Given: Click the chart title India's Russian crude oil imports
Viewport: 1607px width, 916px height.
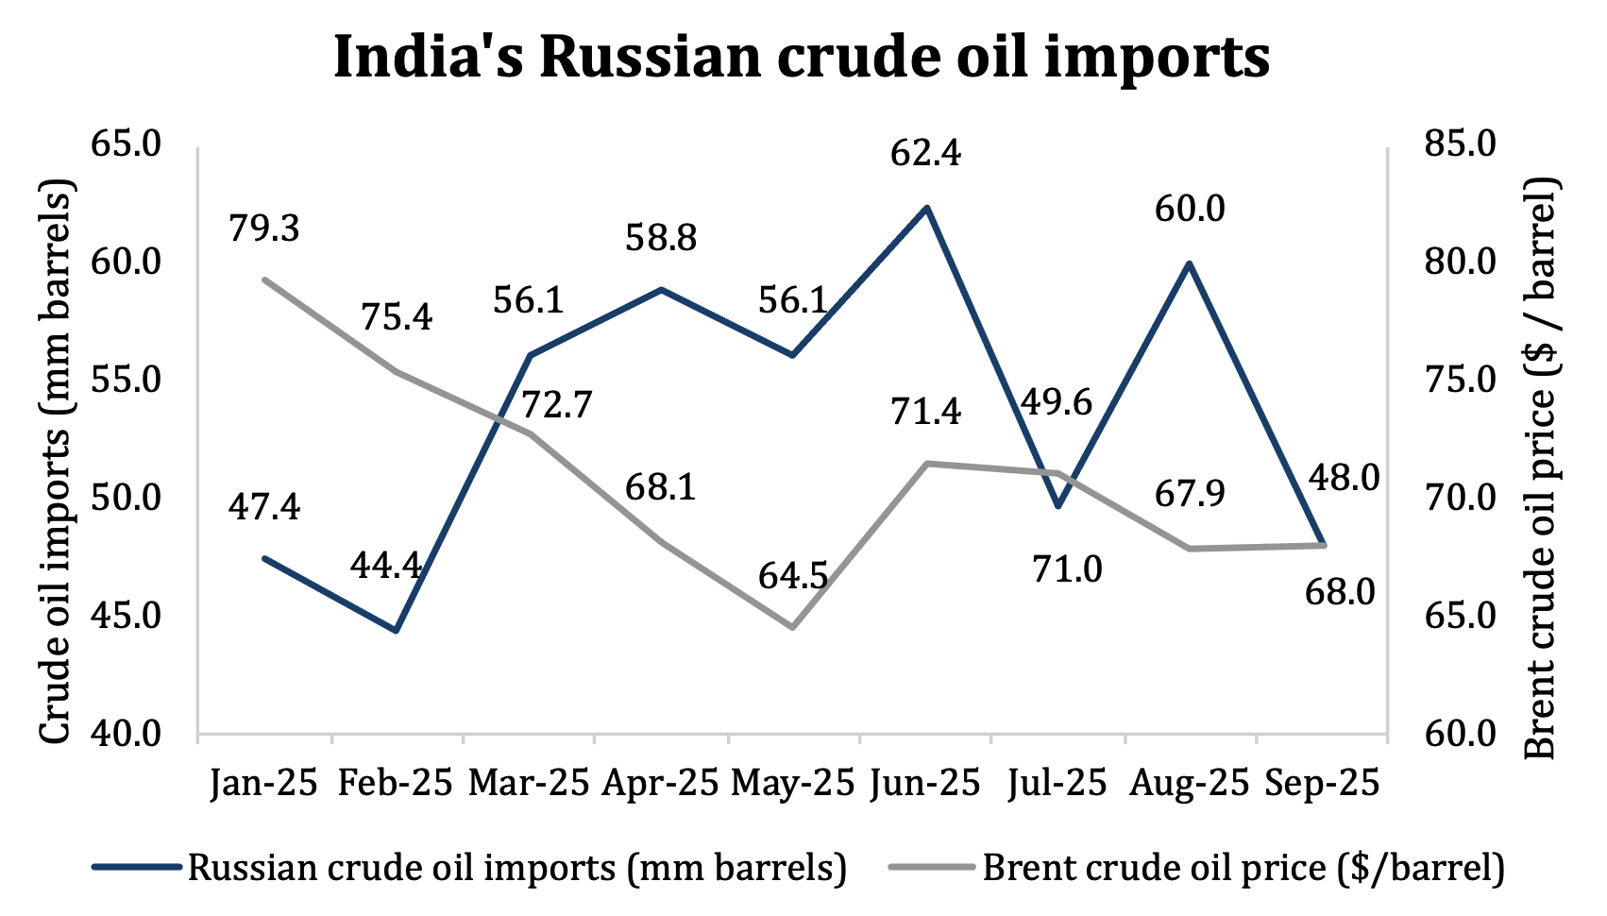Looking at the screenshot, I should click(x=802, y=57).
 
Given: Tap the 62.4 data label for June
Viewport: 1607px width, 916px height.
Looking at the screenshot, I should click(x=925, y=152).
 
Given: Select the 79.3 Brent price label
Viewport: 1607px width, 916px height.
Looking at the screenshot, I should click(x=264, y=228).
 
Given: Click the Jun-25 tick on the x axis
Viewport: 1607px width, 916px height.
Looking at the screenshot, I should click(x=925, y=784).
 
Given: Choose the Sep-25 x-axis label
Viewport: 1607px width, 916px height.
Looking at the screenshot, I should click(x=1321, y=784).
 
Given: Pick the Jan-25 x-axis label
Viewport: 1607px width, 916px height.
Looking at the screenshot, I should click(x=264, y=784).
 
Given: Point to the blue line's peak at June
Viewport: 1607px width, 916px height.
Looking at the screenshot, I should click(x=926, y=207).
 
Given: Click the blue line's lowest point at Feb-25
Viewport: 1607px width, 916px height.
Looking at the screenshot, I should click(x=397, y=630).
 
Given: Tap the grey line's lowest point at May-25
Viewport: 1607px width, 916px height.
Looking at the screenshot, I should click(x=793, y=627).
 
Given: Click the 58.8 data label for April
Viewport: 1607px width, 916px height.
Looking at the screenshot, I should click(x=661, y=237).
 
